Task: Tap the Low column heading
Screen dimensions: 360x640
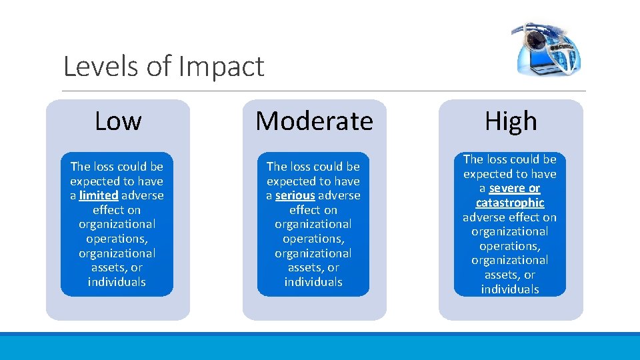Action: pyautogui.click(x=118, y=121)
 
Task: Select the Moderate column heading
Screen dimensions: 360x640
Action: pyautogui.click(x=314, y=121)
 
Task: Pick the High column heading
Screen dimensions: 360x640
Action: pyautogui.click(x=511, y=121)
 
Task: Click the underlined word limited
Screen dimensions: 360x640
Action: pyautogui.click(x=99, y=195)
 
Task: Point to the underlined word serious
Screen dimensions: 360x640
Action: pyautogui.click(x=295, y=195)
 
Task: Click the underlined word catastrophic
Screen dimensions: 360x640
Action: pyautogui.click(x=510, y=203)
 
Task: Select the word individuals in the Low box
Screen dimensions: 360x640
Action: pyautogui.click(x=117, y=282)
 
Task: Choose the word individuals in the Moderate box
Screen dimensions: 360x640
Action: pyautogui.click(x=313, y=282)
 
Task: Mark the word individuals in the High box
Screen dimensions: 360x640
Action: pyautogui.click(x=510, y=289)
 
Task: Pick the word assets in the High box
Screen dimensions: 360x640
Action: pyautogui.click(x=500, y=275)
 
